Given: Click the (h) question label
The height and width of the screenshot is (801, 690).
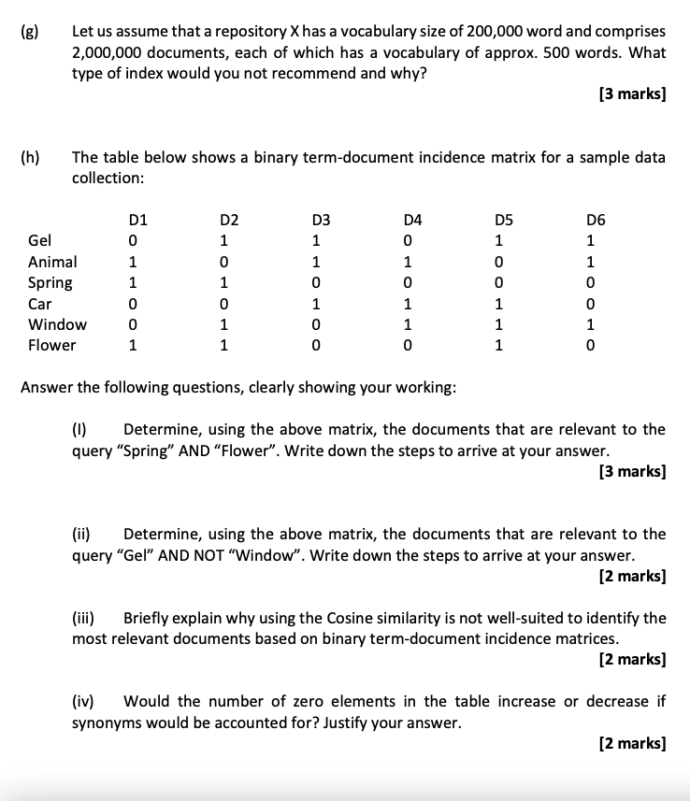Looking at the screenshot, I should pyautogui.click(x=29, y=157).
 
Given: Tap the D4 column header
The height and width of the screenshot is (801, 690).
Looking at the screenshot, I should pyautogui.click(x=412, y=221).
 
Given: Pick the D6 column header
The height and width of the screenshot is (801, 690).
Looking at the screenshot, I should pyautogui.click(x=596, y=221).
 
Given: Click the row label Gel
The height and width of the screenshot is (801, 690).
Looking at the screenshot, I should pyautogui.click(x=40, y=241).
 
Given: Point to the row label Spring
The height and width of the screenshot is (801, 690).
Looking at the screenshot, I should pyautogui.click(x=50, y=282).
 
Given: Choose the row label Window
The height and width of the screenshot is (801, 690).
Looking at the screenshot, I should pyautogui.click(x=58, y=324).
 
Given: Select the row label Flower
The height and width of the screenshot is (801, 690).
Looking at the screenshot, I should pyautogui.click(x=52, y=345).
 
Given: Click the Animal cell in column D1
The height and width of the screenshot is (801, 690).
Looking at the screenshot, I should pyautogui.click(x=134, y=262).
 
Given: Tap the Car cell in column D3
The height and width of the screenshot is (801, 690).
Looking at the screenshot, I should pyautogui.click(x=317, y=304).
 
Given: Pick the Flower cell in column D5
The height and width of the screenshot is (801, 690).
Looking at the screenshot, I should pyautogui.click(x=499, y=345).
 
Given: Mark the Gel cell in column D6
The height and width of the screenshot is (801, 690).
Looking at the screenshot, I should pyautogui.click(x=591, y=241).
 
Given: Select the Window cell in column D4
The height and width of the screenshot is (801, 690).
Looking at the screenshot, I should pyautogui.click(x=408, y=324).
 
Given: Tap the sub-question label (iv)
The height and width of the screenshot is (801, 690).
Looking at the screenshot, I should pyautogui.click(x=85, y=701).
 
